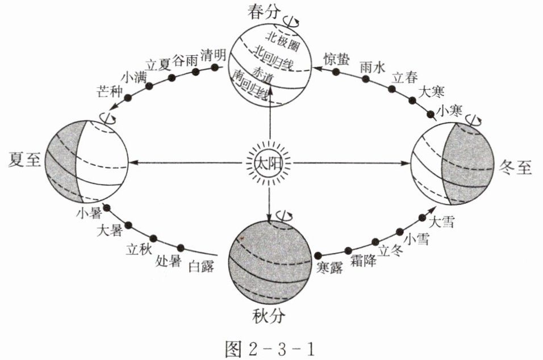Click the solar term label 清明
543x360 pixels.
tap(214, 55)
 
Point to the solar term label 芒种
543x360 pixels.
tap(110, 91)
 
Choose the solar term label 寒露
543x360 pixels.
tap(329, 267)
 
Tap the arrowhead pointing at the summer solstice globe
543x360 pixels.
tap(135, 163)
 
